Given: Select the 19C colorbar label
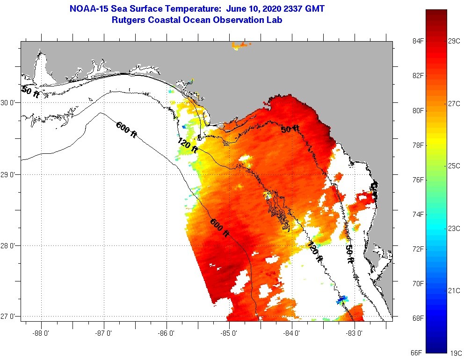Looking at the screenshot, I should pyautogui.click(x=455, y=353).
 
